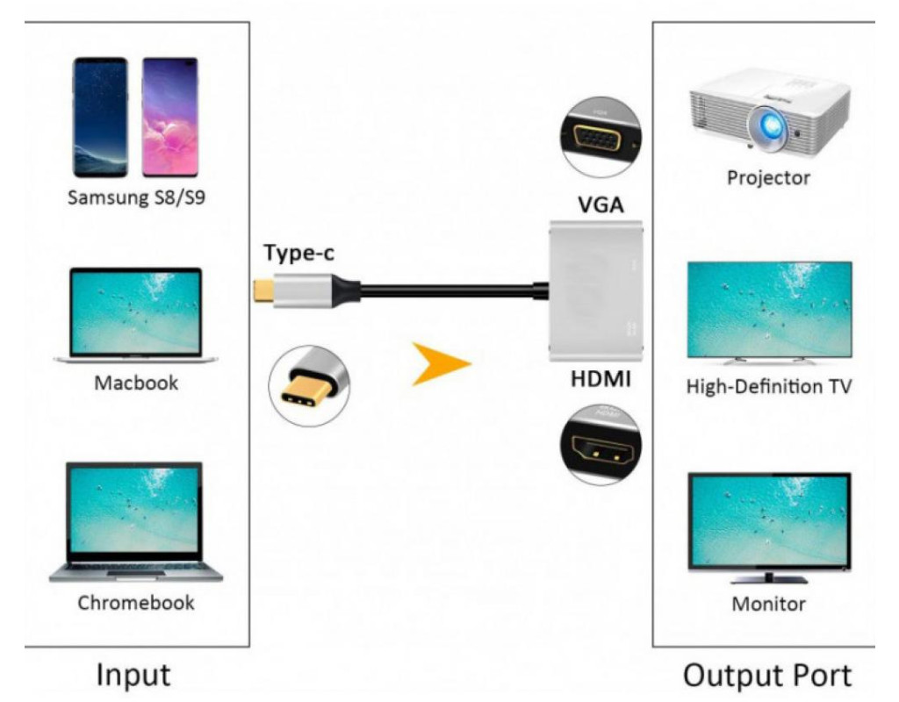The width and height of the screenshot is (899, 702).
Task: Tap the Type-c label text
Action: [299, 254]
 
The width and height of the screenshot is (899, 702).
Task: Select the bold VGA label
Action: [601, 204]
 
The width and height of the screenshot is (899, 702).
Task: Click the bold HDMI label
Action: [601, 380]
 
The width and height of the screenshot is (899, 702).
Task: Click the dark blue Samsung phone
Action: [100, 117]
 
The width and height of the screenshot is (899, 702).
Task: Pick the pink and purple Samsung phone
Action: [169, 117]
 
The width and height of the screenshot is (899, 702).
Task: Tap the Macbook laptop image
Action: [136, 315]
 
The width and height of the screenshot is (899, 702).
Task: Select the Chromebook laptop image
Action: [136, 521]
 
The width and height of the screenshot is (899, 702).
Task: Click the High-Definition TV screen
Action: [768, 311]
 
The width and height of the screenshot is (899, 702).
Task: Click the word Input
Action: [133, 675]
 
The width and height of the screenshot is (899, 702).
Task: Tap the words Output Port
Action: [766, 675]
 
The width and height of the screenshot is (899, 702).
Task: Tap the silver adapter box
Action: [596, 291]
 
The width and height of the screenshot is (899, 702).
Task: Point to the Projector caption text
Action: [767, 178]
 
